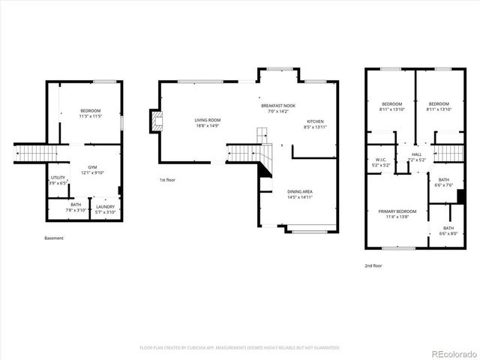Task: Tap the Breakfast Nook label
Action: click(278, 106)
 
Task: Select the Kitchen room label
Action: click(315, 121)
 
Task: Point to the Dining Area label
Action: click(300, 191)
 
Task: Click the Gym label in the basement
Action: click(92, 166)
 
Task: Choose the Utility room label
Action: click(58, 178)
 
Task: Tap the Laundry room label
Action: click(105, 206)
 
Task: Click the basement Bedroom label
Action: click(90, 111)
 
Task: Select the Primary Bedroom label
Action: click(397, 211)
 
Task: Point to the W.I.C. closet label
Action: click(380, 160)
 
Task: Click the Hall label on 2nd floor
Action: click(417, 155)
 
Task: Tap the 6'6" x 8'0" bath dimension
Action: click(448, 233)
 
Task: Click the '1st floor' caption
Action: click(167, 180)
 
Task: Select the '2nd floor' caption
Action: click(373, 265)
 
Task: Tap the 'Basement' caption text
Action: click(54, 238)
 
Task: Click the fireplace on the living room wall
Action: click(155, 122)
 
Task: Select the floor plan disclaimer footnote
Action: click(240, 348)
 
